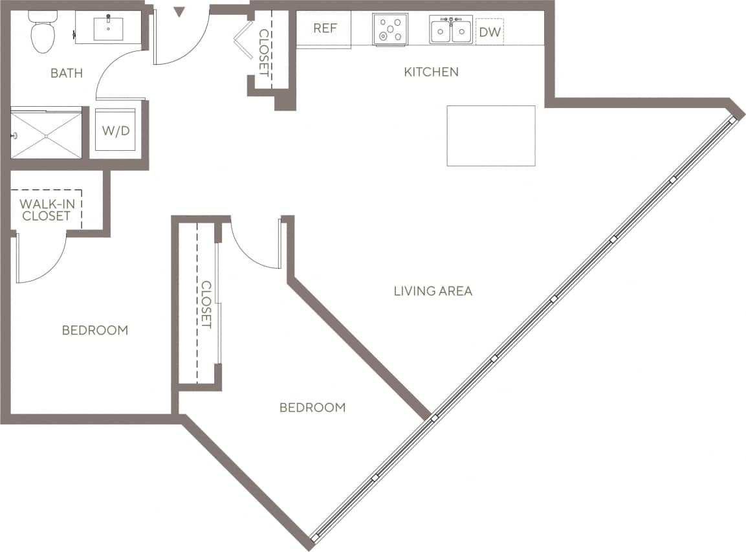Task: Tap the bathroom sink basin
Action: pyautogui.click(x=108, y=28)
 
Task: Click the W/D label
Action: pyautogui.click(x=116, y=130)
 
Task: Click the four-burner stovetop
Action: pyautogui.click(x=390, y=30)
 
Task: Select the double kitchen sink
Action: pyautogui.click(x=451, y=30)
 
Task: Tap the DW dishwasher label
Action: pyautogui.click(x=490, y=31)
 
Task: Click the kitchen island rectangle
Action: pyautogui.click(x=491, y=135)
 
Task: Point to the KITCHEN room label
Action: pyautogui.click(x=431, y=72)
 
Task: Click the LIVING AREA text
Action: pyautogui.click(x=433, y=291)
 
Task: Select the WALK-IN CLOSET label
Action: pyautogui.click(x=47, y=210)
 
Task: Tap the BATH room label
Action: pyautogui.click(x=67, y=73)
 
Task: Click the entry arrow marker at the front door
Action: pyautogui.click(x=180, y=11)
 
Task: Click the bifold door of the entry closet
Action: pyautogui.click(x=243, y=40)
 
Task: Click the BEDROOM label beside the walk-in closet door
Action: pyautogui.click(x=95, y=330)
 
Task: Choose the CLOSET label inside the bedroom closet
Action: pyautogui.click(x=206, y=304)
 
